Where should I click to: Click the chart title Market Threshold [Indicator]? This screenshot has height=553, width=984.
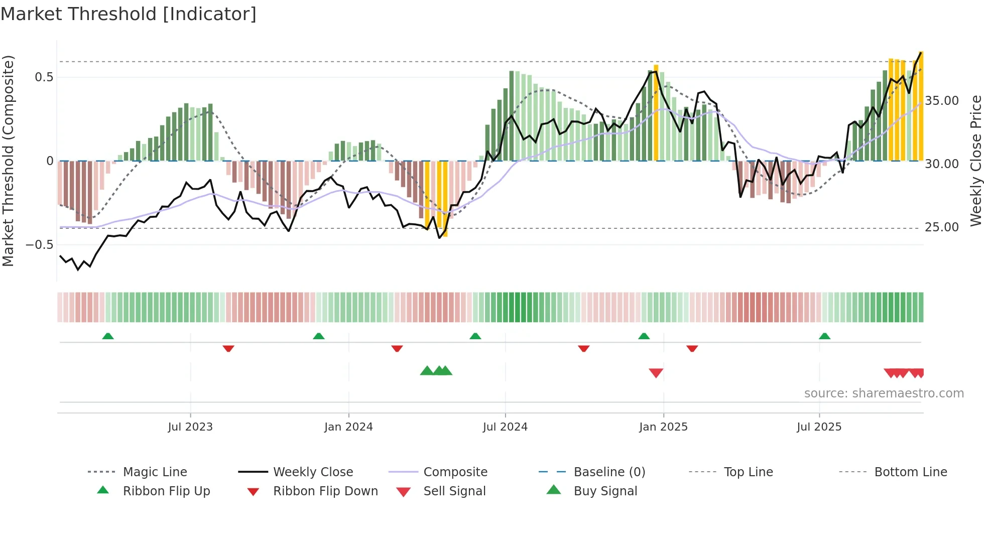click(x=129, y=14)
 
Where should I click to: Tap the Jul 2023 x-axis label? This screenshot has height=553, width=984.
click(x=190, y=427)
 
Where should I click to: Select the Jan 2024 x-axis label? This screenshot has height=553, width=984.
click(x=348, y=427)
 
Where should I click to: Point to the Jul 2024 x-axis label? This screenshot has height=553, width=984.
click(x=505, y=427)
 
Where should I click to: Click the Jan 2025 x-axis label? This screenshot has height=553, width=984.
click(x=663, y=427)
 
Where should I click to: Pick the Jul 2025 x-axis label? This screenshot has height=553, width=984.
click(x=819, y=427)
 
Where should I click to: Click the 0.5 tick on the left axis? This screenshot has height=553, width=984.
click(x=44, y=77)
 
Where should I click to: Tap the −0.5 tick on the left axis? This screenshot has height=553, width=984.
click(x=40, y=245)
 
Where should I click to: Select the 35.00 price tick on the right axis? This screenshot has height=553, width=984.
click(x=942, y=101)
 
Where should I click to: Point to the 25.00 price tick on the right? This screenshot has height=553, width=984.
click(x=942, y=227)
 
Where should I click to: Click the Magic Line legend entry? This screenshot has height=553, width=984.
click(x=155, y=472)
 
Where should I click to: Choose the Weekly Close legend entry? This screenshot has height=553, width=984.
click(x=313, y=472)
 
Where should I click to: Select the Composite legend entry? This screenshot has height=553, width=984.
click(x=455, y=472)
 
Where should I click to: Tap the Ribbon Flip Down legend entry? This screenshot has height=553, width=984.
click(x=325, y=491)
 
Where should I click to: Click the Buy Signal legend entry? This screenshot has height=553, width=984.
click(x=605, y=491)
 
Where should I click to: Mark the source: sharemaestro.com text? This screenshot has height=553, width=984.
click(x=884, y=393)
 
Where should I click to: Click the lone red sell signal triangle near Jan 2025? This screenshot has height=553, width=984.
click(x=656, y=372)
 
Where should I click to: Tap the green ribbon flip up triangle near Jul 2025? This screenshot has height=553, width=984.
click(x=824, y=336)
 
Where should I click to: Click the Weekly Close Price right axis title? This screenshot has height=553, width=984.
click(x=975, y=161)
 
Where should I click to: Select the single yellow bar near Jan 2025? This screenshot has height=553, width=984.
click(x=656, y=113)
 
